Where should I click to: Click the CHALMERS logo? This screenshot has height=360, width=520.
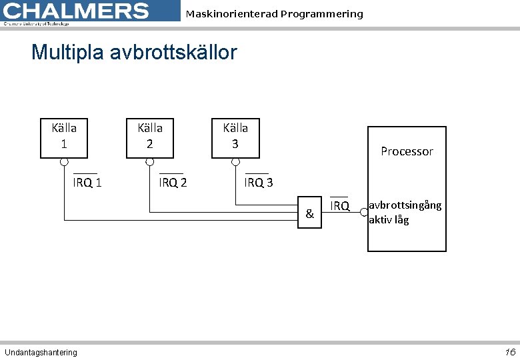click(77, 12)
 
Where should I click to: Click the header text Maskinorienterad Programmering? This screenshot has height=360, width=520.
click(274, 14)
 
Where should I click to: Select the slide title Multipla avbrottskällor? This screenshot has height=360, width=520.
click(134, 52)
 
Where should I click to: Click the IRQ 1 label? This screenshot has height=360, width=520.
click(87, 183)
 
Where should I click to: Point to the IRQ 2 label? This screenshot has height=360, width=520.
click(173, 183)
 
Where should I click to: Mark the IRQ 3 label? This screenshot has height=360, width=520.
click(259, 183)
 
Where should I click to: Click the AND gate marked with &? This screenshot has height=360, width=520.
click(309, 213)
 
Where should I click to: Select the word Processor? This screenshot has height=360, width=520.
click(407, 151)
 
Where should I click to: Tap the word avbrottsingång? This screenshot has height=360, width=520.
click(405, 205)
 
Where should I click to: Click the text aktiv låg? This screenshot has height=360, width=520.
click(389, 219)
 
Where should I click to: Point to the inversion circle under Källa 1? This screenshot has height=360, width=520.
click(64, 162)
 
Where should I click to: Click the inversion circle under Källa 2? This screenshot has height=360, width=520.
click(150, 162)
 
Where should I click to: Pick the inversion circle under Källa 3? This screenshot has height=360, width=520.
click(235, 162)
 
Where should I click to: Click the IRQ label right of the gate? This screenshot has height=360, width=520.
click(340, 206)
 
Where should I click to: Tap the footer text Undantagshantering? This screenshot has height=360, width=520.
click(41, 352)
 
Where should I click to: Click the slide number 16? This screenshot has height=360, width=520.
click(510, 352)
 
